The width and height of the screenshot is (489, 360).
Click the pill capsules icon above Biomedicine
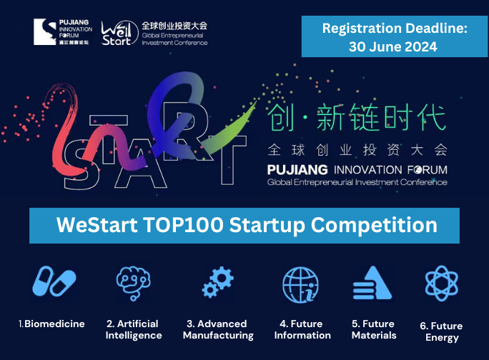point(54,281)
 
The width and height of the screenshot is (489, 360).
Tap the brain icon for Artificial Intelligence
point(134,283)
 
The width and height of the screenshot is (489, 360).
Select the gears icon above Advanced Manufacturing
point(217,281)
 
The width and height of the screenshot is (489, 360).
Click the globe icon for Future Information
point(301,284)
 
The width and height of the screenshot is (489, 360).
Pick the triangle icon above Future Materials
point(372,282)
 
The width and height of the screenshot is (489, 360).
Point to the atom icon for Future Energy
point(442,283)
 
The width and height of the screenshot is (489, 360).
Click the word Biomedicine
point(54,324)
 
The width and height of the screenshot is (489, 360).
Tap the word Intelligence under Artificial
point(134,336)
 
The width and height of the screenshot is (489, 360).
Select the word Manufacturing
point(218,336)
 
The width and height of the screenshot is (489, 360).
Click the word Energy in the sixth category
point(443,338)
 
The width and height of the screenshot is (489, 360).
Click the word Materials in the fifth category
point(374,336)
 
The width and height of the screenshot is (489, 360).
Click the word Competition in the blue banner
point(374,226)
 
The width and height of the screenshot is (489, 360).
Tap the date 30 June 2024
point(393,46)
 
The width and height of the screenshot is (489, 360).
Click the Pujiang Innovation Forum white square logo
point(45,32)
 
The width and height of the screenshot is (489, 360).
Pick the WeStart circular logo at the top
point(120,33)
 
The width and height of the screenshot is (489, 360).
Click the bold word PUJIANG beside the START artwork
point(297,170)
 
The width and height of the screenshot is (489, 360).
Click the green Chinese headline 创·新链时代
point(357,117)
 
